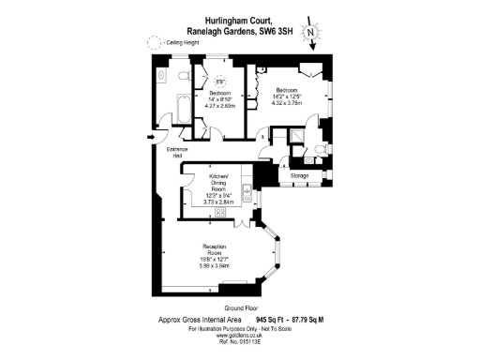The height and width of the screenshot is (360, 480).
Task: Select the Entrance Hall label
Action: click(178, 152)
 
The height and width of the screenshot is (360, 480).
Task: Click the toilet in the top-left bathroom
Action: click(160, 73)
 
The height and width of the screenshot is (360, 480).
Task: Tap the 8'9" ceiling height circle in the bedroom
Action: click(220, 80)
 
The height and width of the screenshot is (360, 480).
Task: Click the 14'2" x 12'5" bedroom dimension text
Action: click(288, 96)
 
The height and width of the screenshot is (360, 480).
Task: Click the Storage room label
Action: click(300, 174)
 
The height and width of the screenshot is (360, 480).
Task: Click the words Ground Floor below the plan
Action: click(240, 308)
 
